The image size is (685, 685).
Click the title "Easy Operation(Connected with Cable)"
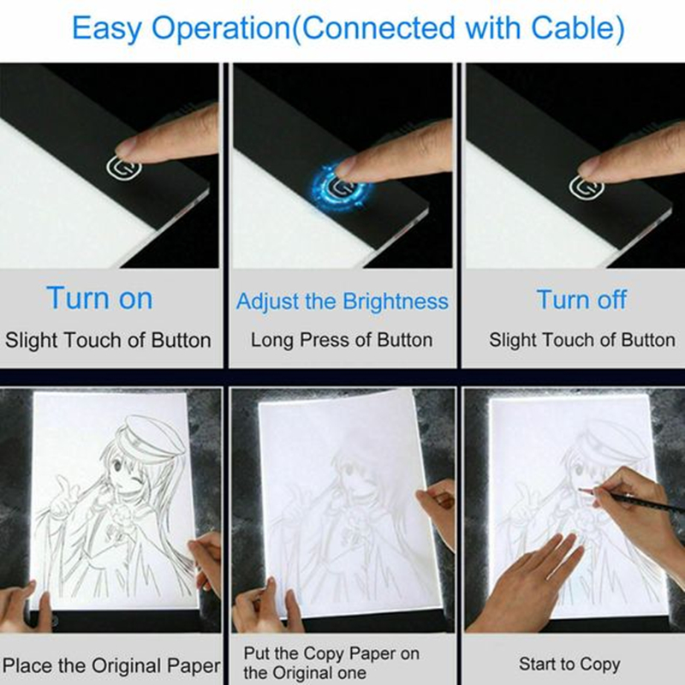(347, 28)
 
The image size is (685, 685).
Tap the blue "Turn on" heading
(99, 299)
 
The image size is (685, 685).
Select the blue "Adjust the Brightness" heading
(342, 301)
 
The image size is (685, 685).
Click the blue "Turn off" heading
(581, 300)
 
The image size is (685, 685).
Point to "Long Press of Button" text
(342, 340)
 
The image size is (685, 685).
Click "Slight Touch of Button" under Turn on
(108, 340)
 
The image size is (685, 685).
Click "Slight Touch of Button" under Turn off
(581, 340)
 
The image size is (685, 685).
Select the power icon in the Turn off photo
(593, 186)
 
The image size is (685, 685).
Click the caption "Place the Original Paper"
(111, 664)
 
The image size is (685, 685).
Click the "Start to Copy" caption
(569, 664)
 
